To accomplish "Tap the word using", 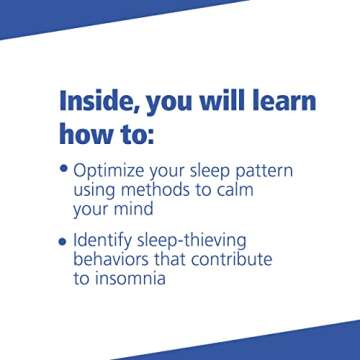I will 98,191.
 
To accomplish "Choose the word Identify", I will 109,242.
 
